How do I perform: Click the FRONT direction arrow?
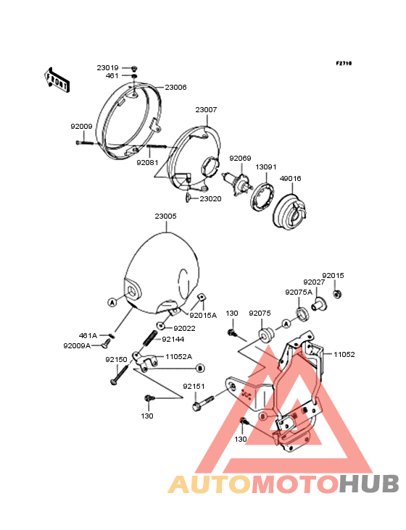click(x=57, y=80)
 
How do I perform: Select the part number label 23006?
click(x=175, y=87)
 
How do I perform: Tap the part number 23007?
click(x=206, y=110)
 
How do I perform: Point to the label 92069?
click(x=240, y=158)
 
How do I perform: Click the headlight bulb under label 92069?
click(x=237, y=183)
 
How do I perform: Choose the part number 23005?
click(x=166, y=216)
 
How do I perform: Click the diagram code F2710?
click(x=344, y=63)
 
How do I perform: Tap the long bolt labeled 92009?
click(x=85, y=143)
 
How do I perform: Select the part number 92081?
click(x=147, y=163)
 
